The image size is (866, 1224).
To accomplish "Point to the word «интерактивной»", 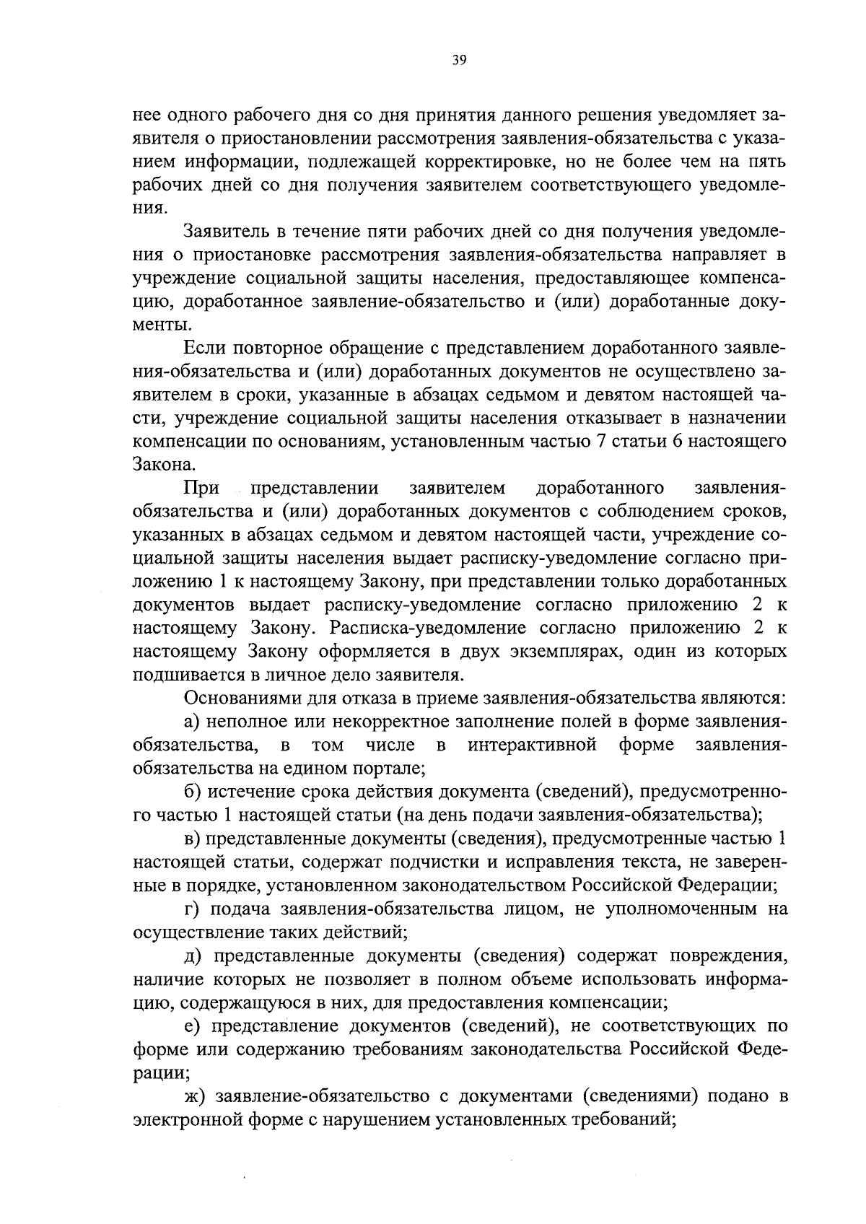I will (x=532, y=745).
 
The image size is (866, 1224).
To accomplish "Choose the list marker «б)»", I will (x=193, y=792).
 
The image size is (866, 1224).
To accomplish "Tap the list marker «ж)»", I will (x=194, y=1096).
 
